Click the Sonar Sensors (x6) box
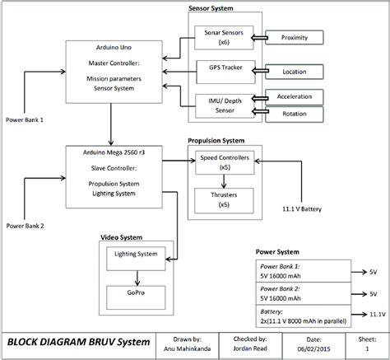pyautogui.click(x=219, y=37)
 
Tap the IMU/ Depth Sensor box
pyautogui.click(x=219, y=105)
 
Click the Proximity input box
pyautogui.click(x=295, y=38)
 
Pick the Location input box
pyautogui.click(x=295, y=72)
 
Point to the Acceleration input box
pyautogui.click(x=295, y=97)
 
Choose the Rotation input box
pyautogui.click(x=295, y=113)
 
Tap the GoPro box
pyautogui.click(x=136, y=292)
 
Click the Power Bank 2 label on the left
pyautogui.click(x=26, y=225)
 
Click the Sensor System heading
pyautogui.click(x=210, y=8)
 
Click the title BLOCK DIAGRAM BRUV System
pyautogui.click(x=80, y=342)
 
